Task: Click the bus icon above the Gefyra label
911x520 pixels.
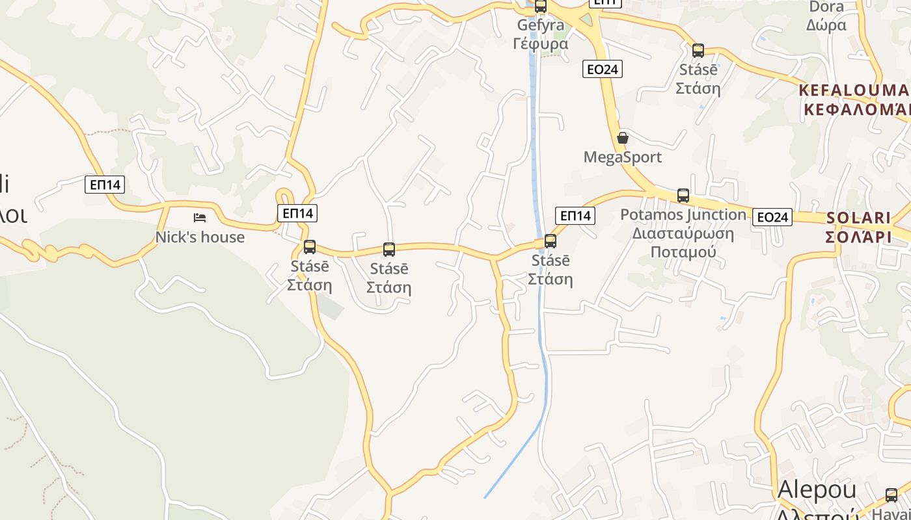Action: point(541,6)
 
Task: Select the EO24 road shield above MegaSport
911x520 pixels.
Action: point(603,69)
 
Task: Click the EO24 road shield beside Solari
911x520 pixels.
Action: point(772,217)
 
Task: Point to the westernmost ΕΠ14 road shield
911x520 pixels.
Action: point(105,185)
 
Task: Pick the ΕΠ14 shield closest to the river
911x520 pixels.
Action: point(575,215)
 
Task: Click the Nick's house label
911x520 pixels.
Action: point(200,237)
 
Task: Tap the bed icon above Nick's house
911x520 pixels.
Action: point(200,217)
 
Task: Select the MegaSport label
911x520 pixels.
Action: point(622,157)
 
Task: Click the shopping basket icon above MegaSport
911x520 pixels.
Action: point(623,138)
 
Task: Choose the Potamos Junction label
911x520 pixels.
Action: point(683,233)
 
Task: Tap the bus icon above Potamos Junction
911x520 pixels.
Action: point(683,195)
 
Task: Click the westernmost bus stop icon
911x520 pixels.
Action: point(310,247)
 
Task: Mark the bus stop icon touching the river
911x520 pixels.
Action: point(551,241)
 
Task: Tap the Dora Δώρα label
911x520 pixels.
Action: point(826,16)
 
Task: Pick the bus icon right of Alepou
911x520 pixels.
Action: point(891,495)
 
